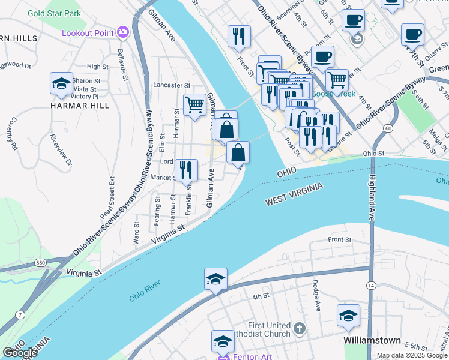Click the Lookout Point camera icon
point(123,32)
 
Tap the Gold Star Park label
point(54,12)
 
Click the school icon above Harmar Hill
point(61,84)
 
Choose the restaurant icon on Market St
point(186,170)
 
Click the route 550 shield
point(40,263)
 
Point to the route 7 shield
point(21,314)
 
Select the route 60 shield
point(388,128)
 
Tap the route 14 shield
point(372,285)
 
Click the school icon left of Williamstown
point(348,316)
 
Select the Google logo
point(20,353)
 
